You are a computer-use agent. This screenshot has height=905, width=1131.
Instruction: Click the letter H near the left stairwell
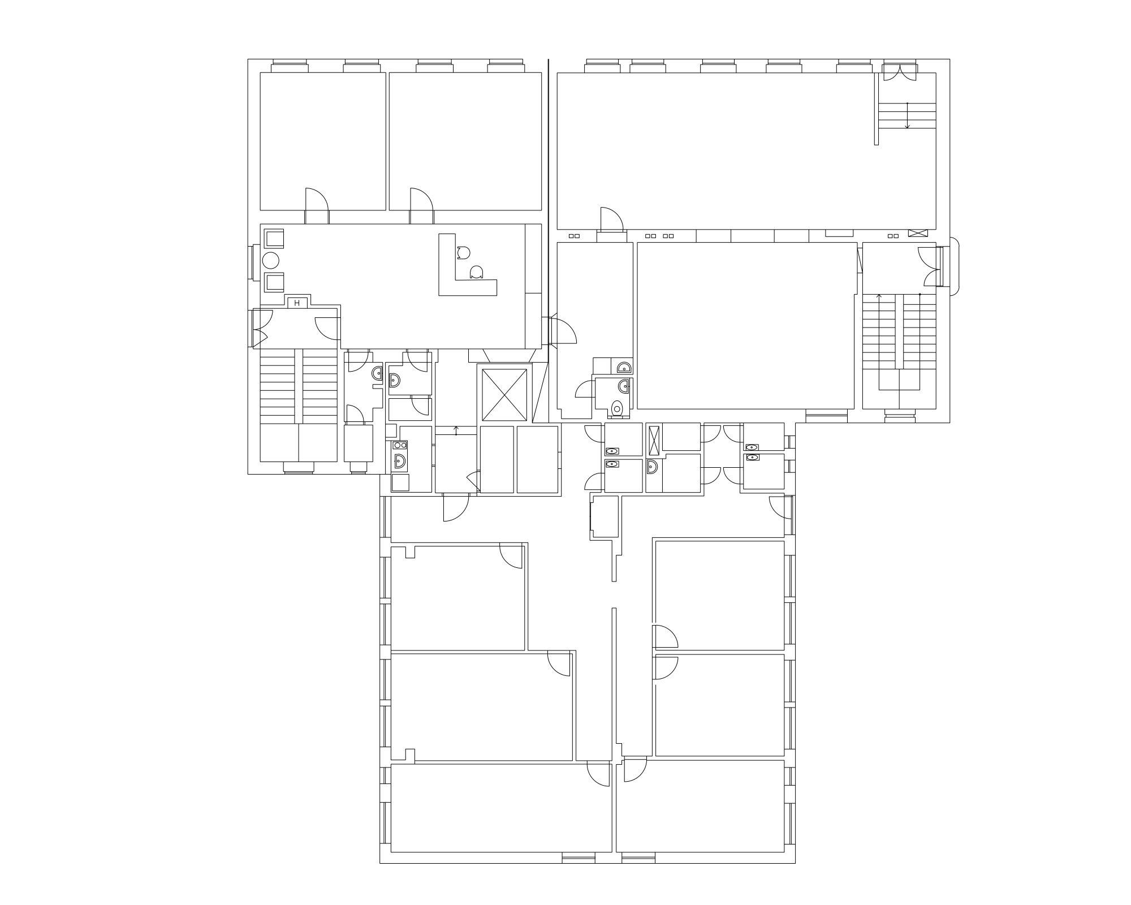point(297,303)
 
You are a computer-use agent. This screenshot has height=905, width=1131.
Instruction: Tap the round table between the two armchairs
point(271,261)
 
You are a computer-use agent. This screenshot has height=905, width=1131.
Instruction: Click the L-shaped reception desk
point(458,271)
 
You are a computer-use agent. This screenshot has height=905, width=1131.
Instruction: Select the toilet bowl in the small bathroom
point(618,407)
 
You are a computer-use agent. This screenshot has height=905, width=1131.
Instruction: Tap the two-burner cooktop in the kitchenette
point(400,445)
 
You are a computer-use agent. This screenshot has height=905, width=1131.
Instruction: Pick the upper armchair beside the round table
point(274,238)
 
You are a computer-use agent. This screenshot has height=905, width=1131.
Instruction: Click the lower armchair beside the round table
point(274,282)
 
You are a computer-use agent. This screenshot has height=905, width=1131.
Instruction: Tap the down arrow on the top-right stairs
point(907,116)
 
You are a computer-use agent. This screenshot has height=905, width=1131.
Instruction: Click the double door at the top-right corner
point(900,72)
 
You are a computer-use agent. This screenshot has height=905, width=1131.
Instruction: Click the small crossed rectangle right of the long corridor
point(918,233)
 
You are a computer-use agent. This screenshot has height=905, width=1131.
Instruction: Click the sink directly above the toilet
point(623,387)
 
